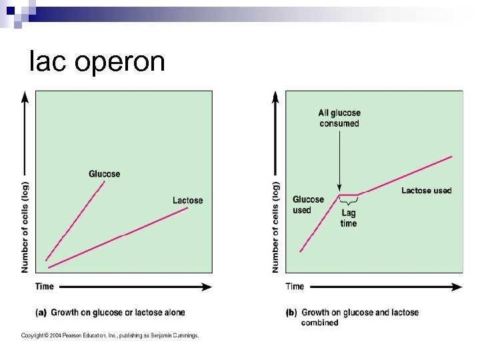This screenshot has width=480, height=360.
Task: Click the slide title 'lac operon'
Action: click(97, 62)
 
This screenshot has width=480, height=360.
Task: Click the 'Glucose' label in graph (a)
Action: click(105, 174)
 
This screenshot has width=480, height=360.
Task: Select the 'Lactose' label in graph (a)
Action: click(187, 200)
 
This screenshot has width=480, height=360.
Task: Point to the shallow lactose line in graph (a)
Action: click(120, 236)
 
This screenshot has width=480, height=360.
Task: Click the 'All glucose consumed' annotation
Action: click(339, 118)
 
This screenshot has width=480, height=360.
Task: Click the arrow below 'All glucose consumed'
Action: click(339, 160)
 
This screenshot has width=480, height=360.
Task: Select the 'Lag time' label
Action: click(349, 218)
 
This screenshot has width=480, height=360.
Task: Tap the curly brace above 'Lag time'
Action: click(349, 201)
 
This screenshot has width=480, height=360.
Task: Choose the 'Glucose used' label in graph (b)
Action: click(308, 205)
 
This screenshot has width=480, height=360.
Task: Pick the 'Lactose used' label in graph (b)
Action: click(426, 191)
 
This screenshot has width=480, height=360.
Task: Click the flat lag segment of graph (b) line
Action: click(349, 195)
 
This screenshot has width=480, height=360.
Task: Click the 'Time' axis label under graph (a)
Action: click(45, 287)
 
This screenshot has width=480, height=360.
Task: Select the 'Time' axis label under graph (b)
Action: click(295, 287)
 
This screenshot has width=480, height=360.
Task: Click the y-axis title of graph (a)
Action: click(25, 227)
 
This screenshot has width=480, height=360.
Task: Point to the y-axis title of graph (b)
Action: click(275, 227)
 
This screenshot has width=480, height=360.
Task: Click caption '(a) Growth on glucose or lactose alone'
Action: click(110, 312)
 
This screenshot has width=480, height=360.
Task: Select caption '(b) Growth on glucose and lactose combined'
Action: click(353, 317)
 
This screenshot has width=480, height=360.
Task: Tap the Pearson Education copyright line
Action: click(109, 335)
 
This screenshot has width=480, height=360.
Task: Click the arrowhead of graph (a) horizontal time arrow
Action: click(207, 287)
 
